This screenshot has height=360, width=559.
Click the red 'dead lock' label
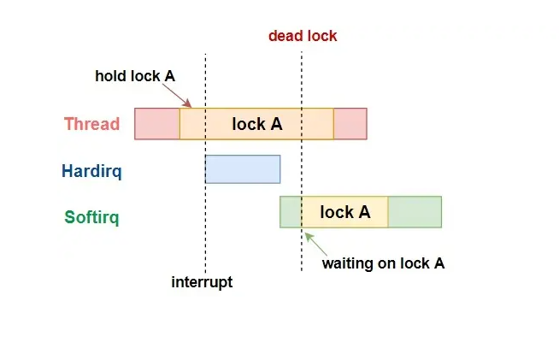click(x=303, y=36)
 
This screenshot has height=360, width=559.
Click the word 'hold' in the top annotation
click(x=109, y=76)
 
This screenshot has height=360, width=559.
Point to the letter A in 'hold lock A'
click(x=170, y=76)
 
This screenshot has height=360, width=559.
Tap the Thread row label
click(x=91, y=124)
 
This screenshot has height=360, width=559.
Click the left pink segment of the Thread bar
click(x=156, y=124)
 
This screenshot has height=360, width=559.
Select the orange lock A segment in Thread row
click(x=256, y=124)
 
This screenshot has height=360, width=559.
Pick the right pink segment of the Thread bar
click(x=350, y=124)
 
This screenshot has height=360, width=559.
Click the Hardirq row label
click(x=91, y=171)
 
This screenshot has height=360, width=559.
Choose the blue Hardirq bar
click(x=243, y=169)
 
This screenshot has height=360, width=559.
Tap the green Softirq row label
click(x=91, y=216)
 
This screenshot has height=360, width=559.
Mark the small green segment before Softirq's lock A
click(x=291, y=212)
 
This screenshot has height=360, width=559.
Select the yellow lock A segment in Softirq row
click(x=344, y=212)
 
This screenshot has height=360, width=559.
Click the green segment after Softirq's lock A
click(x=415, y=212)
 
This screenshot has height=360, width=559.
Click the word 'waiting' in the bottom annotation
click(x=346, y=263)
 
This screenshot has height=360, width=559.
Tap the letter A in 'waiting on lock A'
click(x=439, y=263)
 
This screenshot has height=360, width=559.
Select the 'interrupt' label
click(x=202, y=282)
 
